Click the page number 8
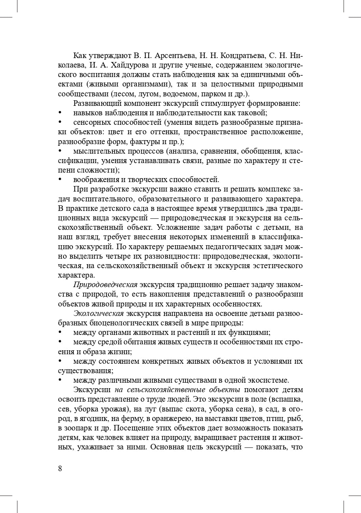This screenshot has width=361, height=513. [x=60, y=468]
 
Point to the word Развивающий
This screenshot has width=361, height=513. [x=96, y=103]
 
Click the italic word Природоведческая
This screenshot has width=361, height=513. [x=105, y=285]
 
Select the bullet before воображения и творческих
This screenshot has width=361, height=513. [x=60, y=180]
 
